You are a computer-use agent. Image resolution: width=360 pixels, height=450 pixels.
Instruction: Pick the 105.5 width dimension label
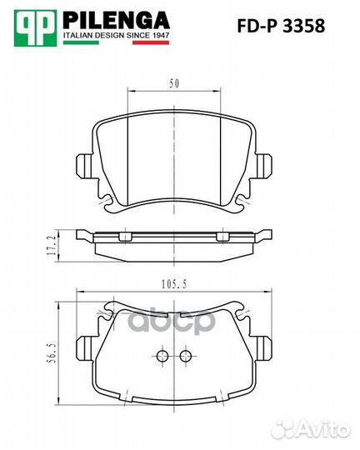pyautogui.click(x=172, y=284)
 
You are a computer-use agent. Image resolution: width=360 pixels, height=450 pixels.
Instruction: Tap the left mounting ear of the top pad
pyautogui.click(x=84, y=165)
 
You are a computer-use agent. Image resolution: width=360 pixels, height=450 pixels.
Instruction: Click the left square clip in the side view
pyautogui.click(x=125, y=238)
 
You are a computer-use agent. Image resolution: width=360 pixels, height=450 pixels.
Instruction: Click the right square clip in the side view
pyautogui.click(x=222, y=238)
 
